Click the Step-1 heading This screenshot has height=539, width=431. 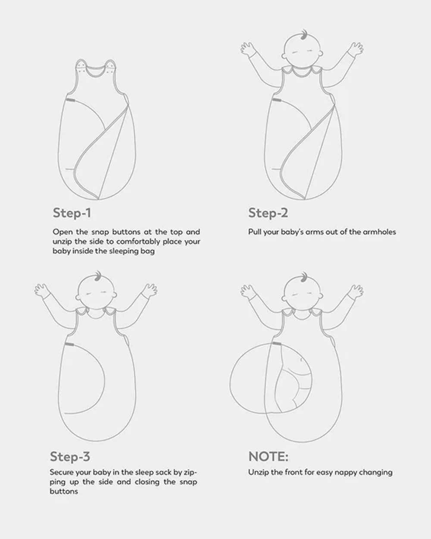[72, 213]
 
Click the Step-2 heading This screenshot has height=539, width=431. [268, 213]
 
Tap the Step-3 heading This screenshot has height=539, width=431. [70, 457]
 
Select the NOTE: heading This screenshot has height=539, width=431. [268, 456]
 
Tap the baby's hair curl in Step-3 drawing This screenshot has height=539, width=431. [98, 276]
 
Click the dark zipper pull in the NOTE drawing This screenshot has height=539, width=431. [277, 344]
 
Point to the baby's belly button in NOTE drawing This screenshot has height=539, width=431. [302, 360]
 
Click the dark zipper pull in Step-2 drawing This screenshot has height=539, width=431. [277, 100]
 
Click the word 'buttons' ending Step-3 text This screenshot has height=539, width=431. [64, 492]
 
